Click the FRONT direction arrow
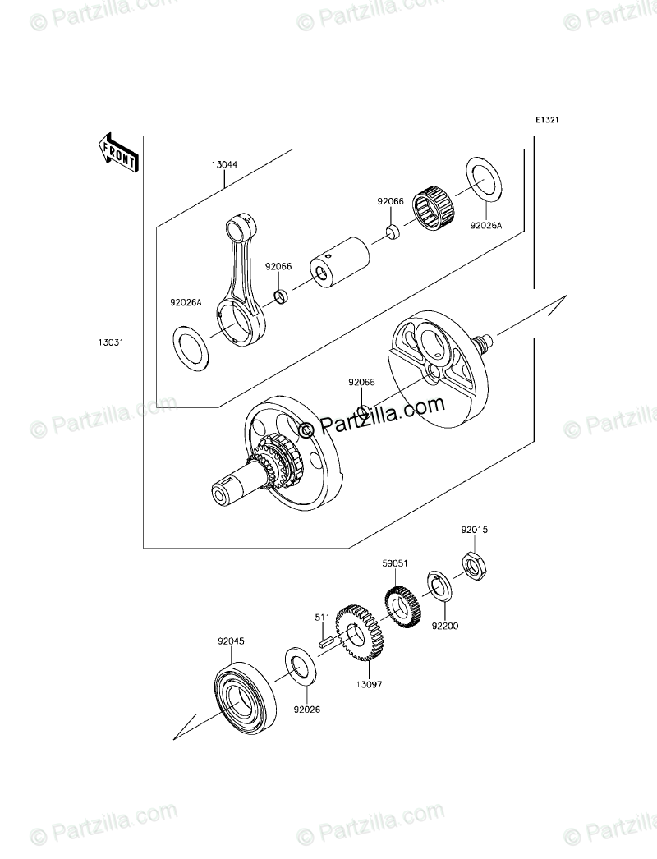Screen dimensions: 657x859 pyautogui.click(x=117, y=152)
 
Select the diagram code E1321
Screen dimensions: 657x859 pyautogui.click(x=547, y=120)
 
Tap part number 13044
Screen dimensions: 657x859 pyautogui.click(x=223, y=164)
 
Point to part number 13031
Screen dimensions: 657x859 pyautogui.click(x=113, y=342)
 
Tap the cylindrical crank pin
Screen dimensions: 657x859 pyautogui.click(x=338, y=260)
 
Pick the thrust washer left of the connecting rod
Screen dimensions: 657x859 pyautogui.click(x=191, y=346)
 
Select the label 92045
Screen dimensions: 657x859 pyautogui.click(x=231, y=640)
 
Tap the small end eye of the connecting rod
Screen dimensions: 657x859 pyautogui.click(x=239, y=223)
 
